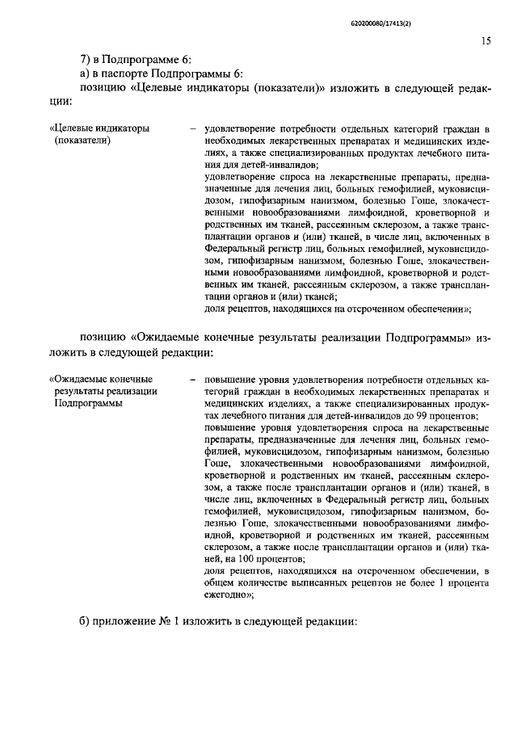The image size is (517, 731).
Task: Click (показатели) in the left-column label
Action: point(82,140)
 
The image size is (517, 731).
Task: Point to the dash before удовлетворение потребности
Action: point(191,128)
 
